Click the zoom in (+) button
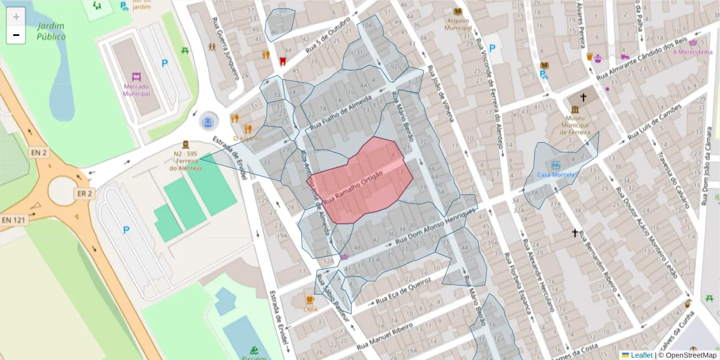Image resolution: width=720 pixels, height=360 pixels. coord(16,16)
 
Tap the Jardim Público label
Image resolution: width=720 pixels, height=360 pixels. coord(51,31)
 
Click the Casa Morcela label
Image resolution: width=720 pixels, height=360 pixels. coord(556,175)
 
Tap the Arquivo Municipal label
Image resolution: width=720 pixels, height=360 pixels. coord(458,23)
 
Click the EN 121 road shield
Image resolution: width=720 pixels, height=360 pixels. coord(13,220)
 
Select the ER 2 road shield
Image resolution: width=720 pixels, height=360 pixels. coord(84,193)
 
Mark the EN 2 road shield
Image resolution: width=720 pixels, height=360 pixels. coord(39,153)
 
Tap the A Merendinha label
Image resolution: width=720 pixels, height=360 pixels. coord(692,52)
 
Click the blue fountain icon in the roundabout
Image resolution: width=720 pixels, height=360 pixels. coord(208,122)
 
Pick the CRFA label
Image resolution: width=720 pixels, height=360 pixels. coord(310,310)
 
